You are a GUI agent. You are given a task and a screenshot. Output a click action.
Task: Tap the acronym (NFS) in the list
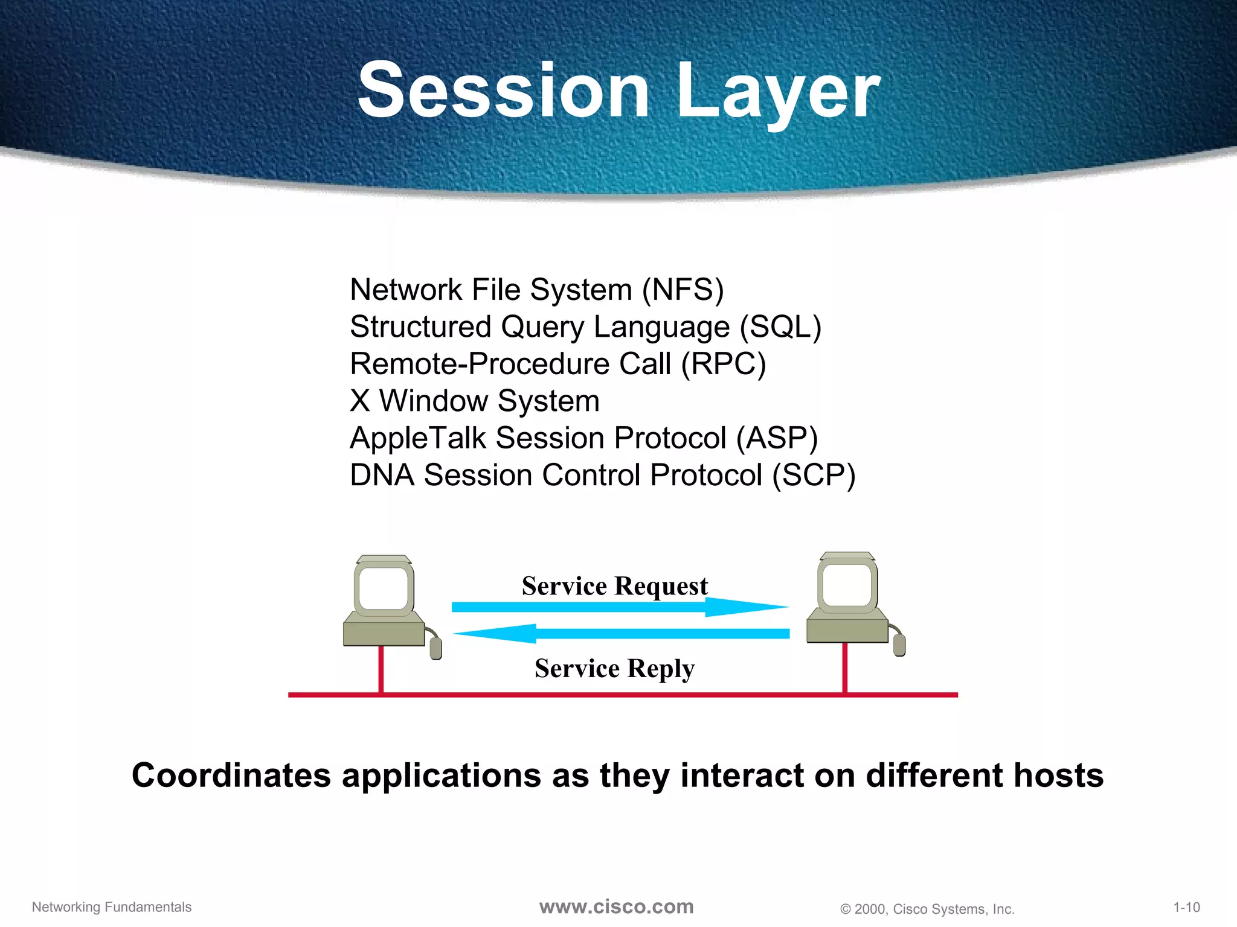point(683,290)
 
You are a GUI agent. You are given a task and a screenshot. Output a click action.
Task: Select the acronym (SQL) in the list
point(780,327)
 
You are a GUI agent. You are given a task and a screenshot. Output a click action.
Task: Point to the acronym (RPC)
point(724,364)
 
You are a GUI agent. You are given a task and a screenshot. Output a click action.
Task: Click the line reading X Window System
point(475,401)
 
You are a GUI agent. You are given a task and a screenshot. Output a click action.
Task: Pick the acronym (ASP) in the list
point(777,438)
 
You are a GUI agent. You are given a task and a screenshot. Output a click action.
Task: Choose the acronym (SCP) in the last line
point(814,476)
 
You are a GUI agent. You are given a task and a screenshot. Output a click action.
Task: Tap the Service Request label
point(614,586)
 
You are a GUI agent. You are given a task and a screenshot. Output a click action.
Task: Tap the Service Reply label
point(614,669)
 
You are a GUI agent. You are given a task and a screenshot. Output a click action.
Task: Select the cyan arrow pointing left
point(622,634)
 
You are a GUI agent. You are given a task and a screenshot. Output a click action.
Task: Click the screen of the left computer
point(384,588)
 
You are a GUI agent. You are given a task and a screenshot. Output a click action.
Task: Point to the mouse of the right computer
point(899,645)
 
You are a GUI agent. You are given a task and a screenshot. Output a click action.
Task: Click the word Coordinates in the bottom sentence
point(231,775)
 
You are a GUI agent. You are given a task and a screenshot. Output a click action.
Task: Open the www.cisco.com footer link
point(616,906)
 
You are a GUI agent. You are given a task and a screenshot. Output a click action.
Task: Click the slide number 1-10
point(1186,907)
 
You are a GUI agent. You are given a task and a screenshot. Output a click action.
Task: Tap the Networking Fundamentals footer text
point(112,907)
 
